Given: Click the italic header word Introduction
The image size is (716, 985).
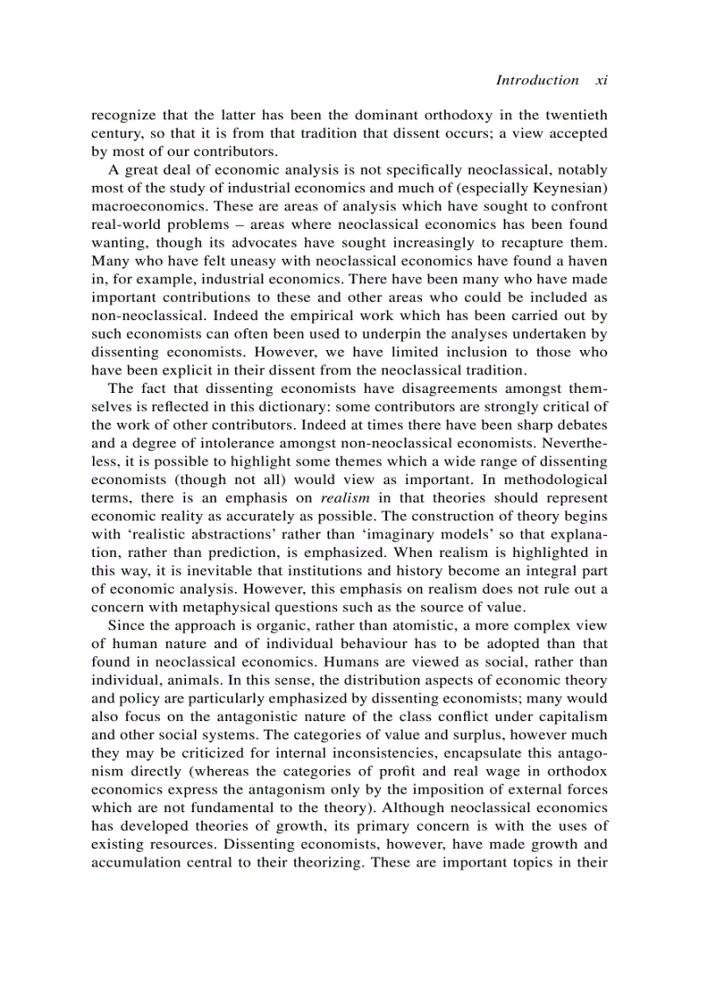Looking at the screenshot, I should pyautogui.click(x=537, y=80).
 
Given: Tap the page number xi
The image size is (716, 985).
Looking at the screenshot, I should pyautogui.click(x=602, y=80).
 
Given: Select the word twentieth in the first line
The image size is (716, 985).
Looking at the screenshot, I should pyautogui.click(x=575, y=115).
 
